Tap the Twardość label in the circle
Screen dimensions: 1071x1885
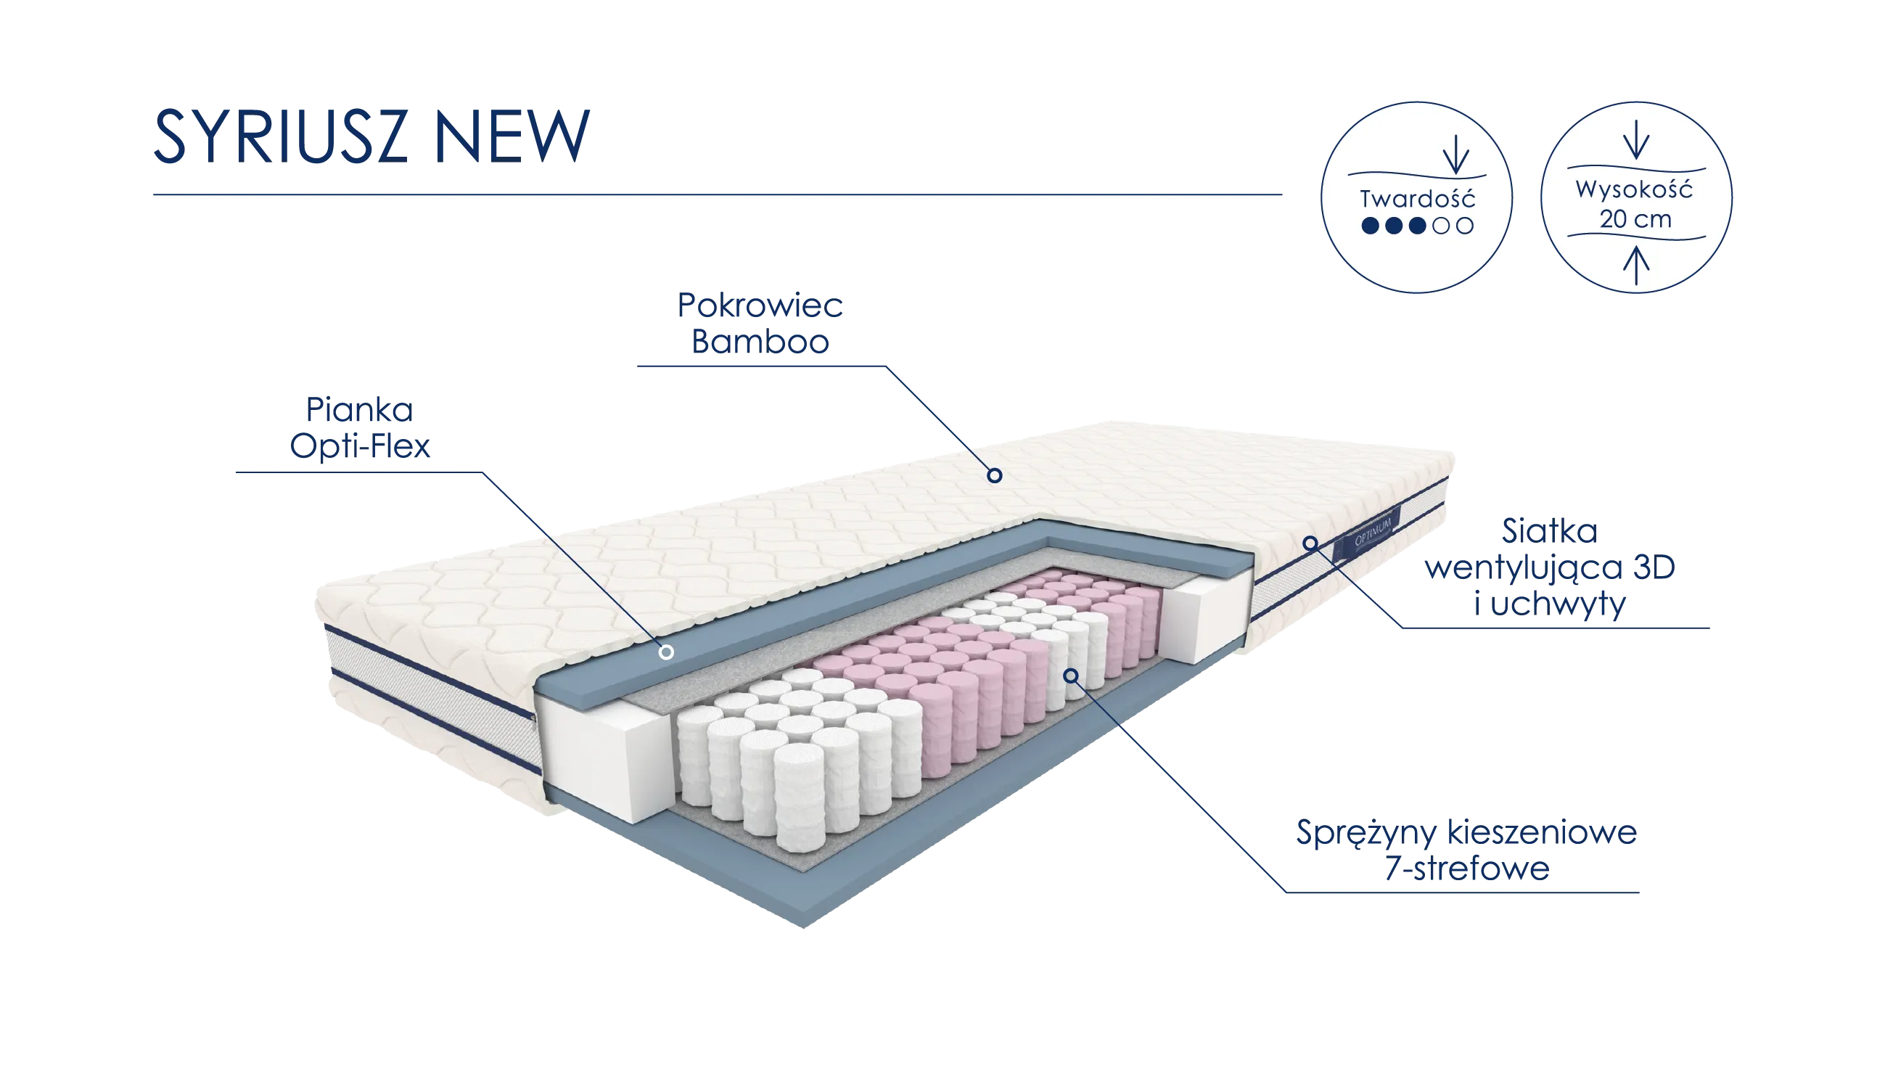(1417, 199)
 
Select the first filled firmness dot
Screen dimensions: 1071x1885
(1370, 226)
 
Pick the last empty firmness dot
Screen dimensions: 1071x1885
(1465, 226)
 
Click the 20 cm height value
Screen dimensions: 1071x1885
(1635, 219)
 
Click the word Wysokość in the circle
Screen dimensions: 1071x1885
(1634, 190)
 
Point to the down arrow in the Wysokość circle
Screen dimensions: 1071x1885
(1635, 140)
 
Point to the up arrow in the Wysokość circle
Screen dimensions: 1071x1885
(1635, 264)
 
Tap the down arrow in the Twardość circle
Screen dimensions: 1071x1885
(1455, 155)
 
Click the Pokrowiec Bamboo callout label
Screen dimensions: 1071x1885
(762, 323)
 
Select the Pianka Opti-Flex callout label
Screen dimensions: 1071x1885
(360, 427)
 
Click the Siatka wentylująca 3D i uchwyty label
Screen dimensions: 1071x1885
(1551, 567)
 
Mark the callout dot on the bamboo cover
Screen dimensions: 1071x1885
(994, 475)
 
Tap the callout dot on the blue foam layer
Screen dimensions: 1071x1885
(666, 652)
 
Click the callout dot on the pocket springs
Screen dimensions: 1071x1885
(1072, 676)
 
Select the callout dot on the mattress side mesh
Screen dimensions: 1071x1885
(1310, 543)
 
